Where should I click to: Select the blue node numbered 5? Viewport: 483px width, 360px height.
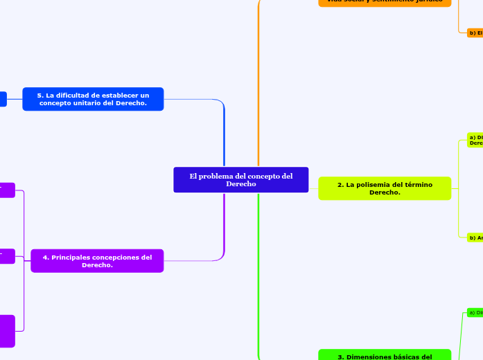click(93, 99)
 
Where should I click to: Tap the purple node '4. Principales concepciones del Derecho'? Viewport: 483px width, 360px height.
click(97, 261)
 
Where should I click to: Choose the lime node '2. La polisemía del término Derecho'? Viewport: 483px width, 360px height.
click(385, 188)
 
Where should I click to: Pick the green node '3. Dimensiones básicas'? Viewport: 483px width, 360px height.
click(385, 355)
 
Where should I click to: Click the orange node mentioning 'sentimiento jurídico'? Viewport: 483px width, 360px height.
click(385, 2)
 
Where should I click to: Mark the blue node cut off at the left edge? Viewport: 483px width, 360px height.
click(3, 99)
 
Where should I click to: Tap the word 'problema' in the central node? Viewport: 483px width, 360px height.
click(216, 176)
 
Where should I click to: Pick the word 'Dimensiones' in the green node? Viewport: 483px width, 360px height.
click(372, 357)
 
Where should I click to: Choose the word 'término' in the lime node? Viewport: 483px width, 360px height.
click(419, 184)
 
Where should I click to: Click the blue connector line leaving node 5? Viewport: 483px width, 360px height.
click(194, 99)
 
